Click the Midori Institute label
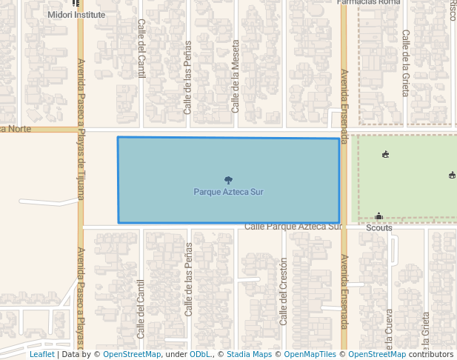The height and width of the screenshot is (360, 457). (76, 14)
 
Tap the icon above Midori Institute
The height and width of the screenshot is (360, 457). (76, 3)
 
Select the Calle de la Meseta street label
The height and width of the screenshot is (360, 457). (236, 86)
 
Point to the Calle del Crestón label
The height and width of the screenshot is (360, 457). (283, 292)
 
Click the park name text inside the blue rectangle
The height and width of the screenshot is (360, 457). (228, 192)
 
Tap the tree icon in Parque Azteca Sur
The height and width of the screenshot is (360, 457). (228, 180)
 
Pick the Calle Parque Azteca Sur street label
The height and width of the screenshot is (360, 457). (292, 227)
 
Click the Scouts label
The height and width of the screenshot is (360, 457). (378, 227)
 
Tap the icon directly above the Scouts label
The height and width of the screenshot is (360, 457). (378, 216)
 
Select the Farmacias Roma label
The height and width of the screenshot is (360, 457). (368, 2)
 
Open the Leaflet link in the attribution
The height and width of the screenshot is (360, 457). (42, 354)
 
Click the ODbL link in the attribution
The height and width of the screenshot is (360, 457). (200, 354)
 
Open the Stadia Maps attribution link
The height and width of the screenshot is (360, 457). (249, 354)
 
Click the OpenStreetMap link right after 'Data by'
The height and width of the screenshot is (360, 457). (132, 354)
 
